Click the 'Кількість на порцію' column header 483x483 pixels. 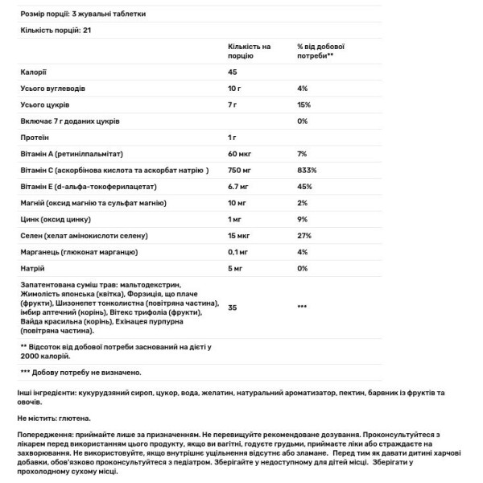(249, 52)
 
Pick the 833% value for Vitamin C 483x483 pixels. (307, 170)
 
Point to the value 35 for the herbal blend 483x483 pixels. (233, 308)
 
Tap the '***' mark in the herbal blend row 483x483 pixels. (303, 308)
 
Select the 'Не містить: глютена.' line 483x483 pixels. (53, 419)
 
